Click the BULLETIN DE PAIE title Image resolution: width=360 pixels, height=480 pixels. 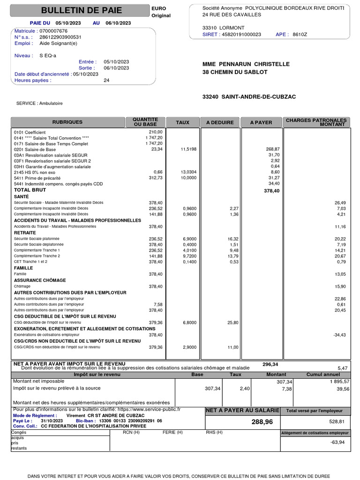pyautogui.click(x=82, y=10)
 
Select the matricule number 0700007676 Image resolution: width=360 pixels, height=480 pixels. pyautogui.click(x=53, y=31)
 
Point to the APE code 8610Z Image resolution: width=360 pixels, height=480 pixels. pyautogui.click(x=300, y=34)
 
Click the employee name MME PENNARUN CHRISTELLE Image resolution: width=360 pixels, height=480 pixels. pyautogui.click(x=246, y=64)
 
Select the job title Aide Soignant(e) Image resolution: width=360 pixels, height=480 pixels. pyautogui.click(x=58, y=43)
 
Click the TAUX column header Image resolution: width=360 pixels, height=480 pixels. pyautogui.click(x=182, y=122)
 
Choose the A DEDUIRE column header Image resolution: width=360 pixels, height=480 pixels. pyautogui.click(x=220, y=122)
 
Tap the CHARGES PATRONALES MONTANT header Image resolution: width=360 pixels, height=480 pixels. pyautogui.click(x=316, y=122)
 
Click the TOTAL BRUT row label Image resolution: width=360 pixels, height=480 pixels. pyautogui.click(x=30, y=190)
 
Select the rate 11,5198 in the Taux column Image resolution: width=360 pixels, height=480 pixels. pyautogui.click(x=188, y=149)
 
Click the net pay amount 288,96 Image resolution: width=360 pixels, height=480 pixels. pyautogui.click(x=262, y=422)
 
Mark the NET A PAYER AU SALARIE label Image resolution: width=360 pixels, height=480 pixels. pyautogui.click(x=243, y=411)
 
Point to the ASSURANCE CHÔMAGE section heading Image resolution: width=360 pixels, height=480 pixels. pyautogui.click(x=40, y=280)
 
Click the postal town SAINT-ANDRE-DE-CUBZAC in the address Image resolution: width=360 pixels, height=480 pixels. pyautogui.click(x=258, y=97)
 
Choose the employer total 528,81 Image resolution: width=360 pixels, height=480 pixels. pyautogui.click(x=340, y=421)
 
